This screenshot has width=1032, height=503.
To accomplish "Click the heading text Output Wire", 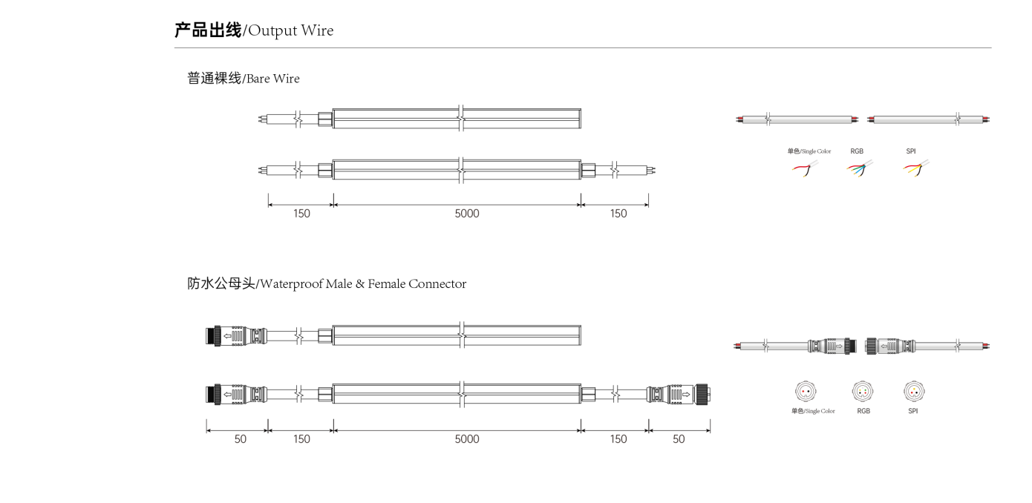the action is [x=291, y=31].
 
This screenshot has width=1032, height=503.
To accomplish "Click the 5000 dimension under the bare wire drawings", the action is [x=467, y=214].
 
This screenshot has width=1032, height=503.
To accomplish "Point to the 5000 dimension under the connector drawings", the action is [x=467, y=439].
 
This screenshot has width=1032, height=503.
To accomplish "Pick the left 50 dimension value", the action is [x=240, y=439].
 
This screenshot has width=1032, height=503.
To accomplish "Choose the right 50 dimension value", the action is [x=679, y=439].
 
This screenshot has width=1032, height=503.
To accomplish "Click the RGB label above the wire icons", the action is [x=857, y=151].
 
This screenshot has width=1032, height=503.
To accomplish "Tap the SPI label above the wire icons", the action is [x=911, y=151].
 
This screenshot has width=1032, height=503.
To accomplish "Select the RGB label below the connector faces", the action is [x=863, y=411].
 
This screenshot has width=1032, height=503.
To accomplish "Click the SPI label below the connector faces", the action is [x=913, y=411].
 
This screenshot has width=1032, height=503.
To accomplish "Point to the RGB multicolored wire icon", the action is [x=860, y=168].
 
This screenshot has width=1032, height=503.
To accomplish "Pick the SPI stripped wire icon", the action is [x=916, y=168].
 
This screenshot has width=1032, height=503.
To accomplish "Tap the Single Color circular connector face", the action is [x=806, y=392].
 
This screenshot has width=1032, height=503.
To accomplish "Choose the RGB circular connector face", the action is [x=863, y=392].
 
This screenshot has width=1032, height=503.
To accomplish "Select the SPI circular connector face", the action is [x=914, y=392].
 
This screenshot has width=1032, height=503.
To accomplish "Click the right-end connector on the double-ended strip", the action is [x=678, y=395].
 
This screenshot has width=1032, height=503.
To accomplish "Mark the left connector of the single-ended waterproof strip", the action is [x=236, y=335].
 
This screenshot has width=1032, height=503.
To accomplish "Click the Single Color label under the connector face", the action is [x=813, y=411].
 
